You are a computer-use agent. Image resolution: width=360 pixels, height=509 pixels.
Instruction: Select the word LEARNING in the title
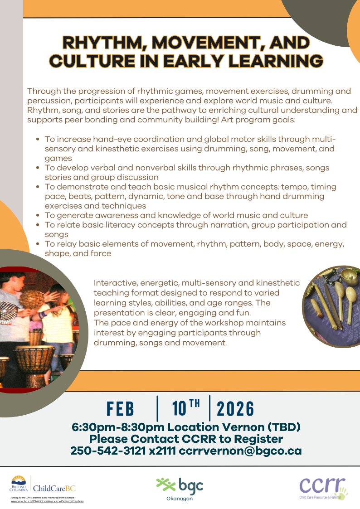click(x=276, y=61)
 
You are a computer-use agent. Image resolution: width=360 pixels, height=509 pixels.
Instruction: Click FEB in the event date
click(x=120, y=409)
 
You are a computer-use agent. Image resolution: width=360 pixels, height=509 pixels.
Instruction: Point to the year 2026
click(x=235, y=409)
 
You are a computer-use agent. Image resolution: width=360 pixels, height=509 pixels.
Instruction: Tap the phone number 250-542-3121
click(x=108, y=451)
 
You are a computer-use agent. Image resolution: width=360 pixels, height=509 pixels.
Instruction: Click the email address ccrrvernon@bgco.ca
click(x=240, y=451)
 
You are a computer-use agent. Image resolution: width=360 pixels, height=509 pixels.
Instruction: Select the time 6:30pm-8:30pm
click(x=118, y=427)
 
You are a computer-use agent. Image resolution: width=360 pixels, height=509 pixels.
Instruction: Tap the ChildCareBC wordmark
click(x=54, y=488)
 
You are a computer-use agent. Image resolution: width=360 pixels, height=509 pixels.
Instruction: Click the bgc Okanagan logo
click(x=180, y=489)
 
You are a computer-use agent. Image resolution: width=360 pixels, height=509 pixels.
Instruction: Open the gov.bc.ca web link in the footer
click(x=47, y=501)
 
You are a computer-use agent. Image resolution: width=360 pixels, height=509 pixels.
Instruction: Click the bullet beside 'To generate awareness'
click(x=38, y=215)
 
